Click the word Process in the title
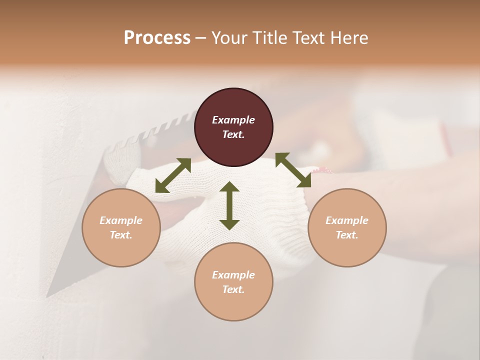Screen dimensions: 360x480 157,38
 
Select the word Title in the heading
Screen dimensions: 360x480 270,38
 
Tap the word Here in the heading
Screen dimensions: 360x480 349,38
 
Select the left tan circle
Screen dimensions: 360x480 121,227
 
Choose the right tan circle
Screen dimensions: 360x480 347,227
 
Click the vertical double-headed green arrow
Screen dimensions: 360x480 229,205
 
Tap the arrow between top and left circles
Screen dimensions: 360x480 173,175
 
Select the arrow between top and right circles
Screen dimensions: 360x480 293,170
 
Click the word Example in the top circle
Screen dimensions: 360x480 233,120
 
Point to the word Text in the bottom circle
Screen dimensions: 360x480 233,289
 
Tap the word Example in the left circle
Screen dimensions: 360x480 121,220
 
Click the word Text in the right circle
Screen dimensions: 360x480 346,235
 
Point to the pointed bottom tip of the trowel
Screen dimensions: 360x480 48,295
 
